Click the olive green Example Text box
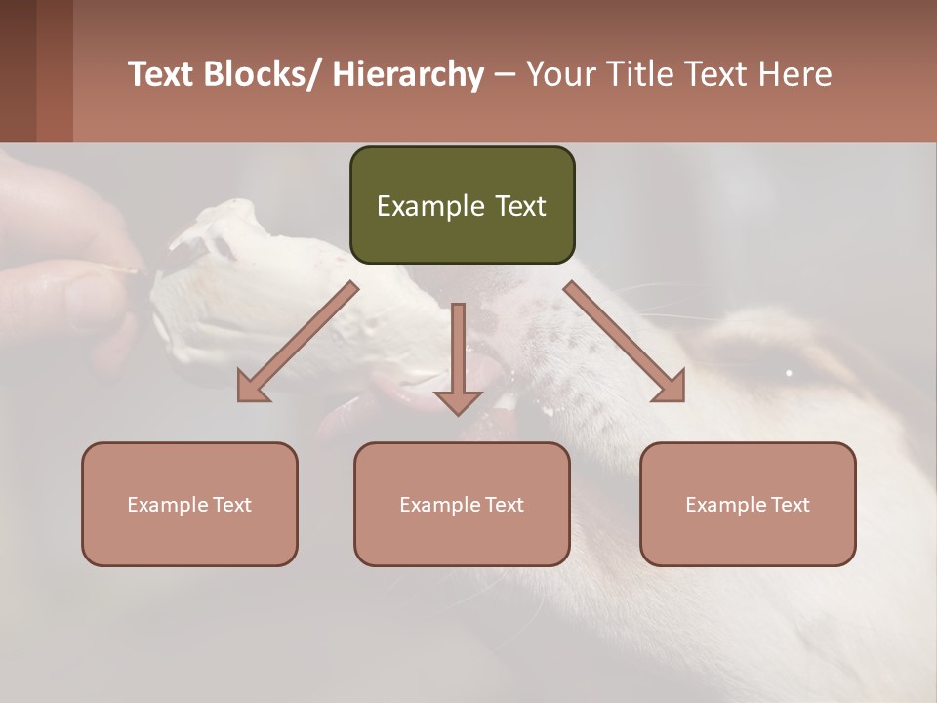point(462,205)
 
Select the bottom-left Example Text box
point(189,504)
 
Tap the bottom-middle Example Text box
point(462,504)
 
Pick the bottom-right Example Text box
point(748,504)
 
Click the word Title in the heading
point(633,74)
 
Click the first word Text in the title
point(163,74)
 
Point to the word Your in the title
point(560,74)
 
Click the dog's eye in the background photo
point(789,372)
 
